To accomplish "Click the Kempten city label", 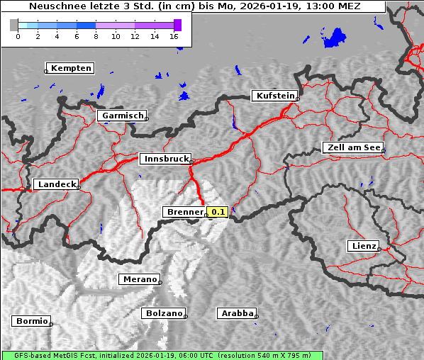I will pos(71,68).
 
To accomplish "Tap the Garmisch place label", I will pos(122,116).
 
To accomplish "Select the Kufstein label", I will pos(274,96).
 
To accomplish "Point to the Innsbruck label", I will pos(164,159).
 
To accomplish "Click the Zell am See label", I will pos(352,147).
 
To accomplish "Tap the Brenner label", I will pos(184,212).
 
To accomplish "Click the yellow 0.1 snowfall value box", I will pos(217,212).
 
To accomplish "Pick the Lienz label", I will pos(363,246).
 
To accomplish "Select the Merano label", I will pos(139,279).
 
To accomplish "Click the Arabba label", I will pos(237,313).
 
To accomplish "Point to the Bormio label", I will pos(31,321).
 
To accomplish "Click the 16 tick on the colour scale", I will pos(174,36).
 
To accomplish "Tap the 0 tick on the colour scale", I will pos(18,36).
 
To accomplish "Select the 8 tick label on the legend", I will pos(96,36).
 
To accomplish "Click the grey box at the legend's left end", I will pos(14,25).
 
